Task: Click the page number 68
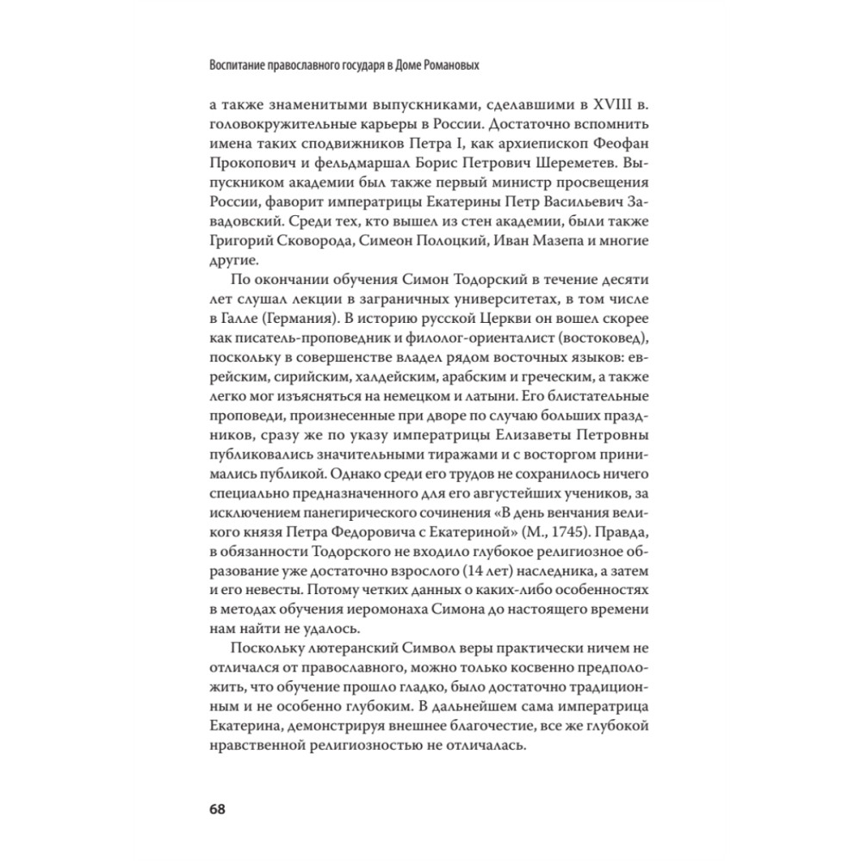click(x=216, y=809)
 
